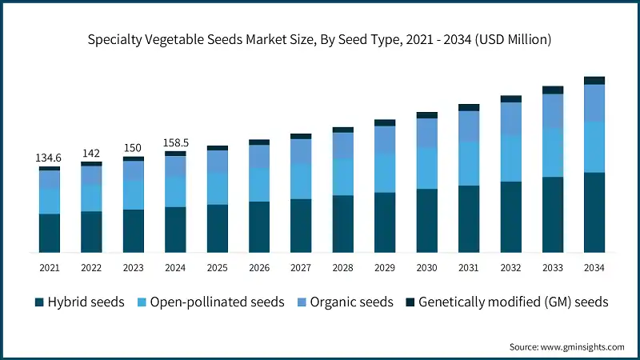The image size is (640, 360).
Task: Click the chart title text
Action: (x=320, y=38)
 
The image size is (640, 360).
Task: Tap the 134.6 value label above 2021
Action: (x=50, y=158)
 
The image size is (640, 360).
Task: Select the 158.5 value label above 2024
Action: (x=175, y=143)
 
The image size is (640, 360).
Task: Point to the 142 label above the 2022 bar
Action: (x=91, y=153)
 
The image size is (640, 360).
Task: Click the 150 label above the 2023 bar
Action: (x=133, y=148)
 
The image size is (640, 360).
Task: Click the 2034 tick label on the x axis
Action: (x=594, y=267)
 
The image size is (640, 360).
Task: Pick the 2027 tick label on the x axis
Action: (x=301, y=267)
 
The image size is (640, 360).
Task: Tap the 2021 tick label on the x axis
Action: (x=50, y=267)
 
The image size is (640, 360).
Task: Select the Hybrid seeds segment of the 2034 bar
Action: (x=594, y=212)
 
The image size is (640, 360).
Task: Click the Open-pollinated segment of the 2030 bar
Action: (x=426, y=168)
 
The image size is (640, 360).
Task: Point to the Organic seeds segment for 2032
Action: (x=510, y=119)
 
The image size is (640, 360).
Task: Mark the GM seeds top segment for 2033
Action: (x=552, y=90)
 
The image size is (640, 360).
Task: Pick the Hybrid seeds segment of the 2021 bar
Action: (x=50, y=233)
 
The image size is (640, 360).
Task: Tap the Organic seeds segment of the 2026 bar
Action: (x=259, y=157)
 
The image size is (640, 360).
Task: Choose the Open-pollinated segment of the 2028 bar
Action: (x=342, y=177)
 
